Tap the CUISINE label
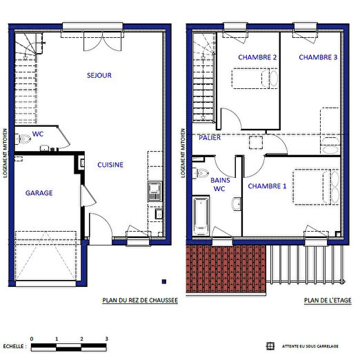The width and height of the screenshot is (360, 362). point(110,165)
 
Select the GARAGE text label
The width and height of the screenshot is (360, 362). point(39,194)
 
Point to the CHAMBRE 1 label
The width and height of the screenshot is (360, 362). point(267,186)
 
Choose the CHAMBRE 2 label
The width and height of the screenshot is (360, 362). point(257,58)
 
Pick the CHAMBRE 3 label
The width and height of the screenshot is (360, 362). point(318,58)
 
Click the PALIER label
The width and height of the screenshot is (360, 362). point(210,138)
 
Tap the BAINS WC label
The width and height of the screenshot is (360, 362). point(220,183)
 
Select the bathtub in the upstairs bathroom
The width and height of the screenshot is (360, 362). point(201,214)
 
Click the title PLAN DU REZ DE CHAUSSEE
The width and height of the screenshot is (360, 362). point(140,301)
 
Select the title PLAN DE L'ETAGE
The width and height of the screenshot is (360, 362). point(327,301)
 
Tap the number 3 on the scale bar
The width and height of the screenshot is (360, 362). point(106,339)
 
